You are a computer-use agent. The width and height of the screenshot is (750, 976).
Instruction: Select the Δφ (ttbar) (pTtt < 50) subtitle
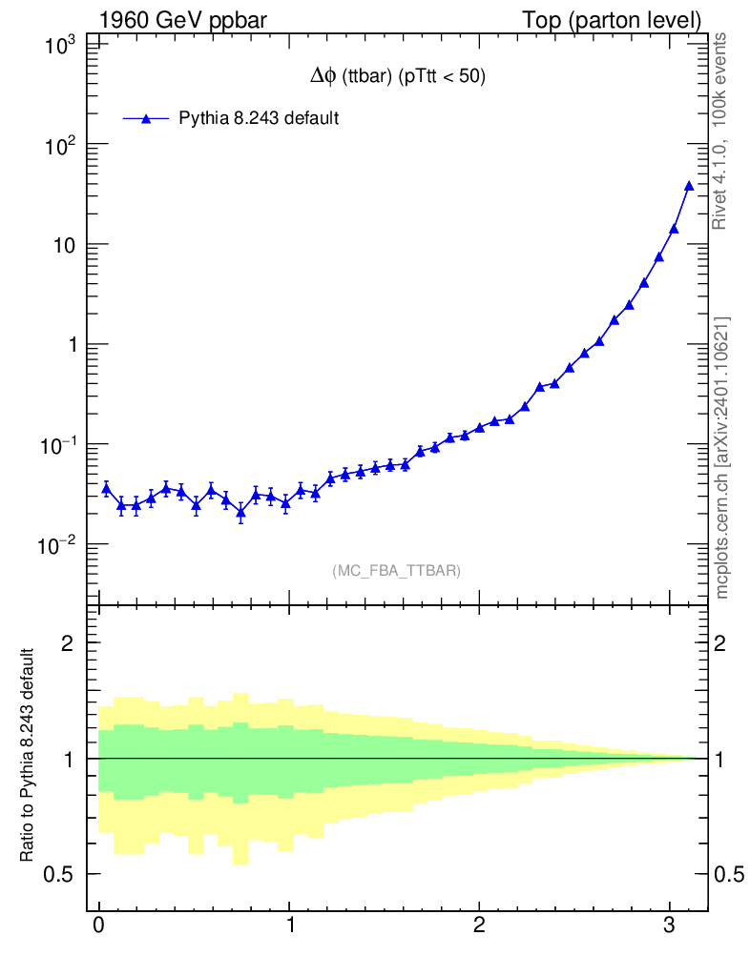tap(398, 78)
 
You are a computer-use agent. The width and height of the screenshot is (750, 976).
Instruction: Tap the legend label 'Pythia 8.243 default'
tap(260, 118)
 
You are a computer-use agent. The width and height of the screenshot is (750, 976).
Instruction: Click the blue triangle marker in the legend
tap(146, 118)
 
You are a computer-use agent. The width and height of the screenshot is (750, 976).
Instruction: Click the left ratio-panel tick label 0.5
tap(64, 874)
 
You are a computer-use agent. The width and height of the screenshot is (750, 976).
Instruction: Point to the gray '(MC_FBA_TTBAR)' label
tap(397, 571)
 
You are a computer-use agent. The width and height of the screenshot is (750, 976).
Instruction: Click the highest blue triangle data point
tap(689, 186)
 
